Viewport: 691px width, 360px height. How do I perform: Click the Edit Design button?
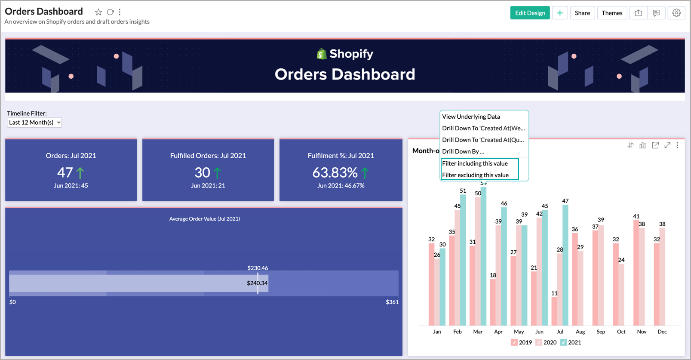tap(529, 13)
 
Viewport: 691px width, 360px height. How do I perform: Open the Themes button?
tap(611, 13)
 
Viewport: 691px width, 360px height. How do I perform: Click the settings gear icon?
tap(676, 13)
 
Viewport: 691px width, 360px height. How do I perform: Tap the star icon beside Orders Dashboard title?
tap(98, 12)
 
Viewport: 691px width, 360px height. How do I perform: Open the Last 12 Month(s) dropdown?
tap(34, 123)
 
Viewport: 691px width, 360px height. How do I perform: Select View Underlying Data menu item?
tap(471, 117)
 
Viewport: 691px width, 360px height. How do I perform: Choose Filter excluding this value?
tap(475, 175)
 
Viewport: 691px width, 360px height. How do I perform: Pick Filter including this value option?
tap(475, 163)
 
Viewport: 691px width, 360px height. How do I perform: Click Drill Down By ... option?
tap(463, 151)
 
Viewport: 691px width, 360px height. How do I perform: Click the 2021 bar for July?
tap(565, 265)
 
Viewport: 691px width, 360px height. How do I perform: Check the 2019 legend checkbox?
tap(514, 342)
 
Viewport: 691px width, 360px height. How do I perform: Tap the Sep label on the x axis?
tap(601, 332)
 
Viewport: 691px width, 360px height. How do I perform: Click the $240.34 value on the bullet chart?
tap(257, 283)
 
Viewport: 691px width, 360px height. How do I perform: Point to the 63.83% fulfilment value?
tap(335, 172)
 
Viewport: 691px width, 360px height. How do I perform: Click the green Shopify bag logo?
tap(321, 54)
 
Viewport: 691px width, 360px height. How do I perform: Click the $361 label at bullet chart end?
tap(392, 302)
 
